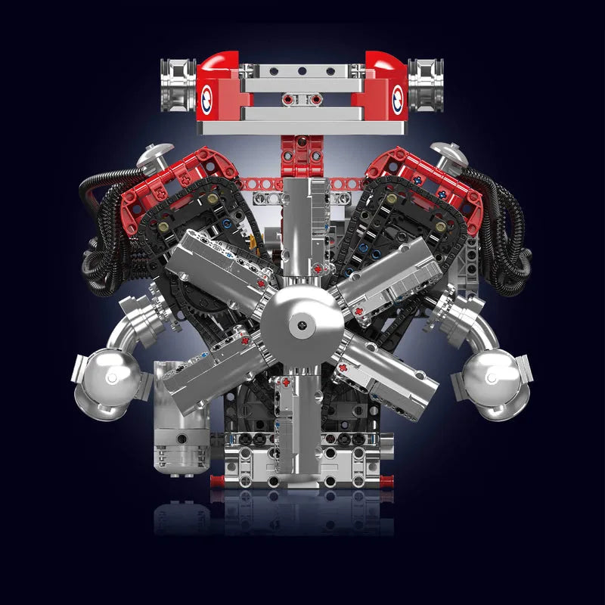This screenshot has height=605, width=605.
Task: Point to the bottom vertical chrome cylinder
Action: [x=299, y=423]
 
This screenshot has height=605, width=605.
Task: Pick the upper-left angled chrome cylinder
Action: [x=219, y=265]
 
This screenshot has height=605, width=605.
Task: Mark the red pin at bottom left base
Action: [x=216, y=479]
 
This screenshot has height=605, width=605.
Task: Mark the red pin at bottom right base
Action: [x=389, y=479]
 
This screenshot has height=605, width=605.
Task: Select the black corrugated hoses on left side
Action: [x=102, y=227]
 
